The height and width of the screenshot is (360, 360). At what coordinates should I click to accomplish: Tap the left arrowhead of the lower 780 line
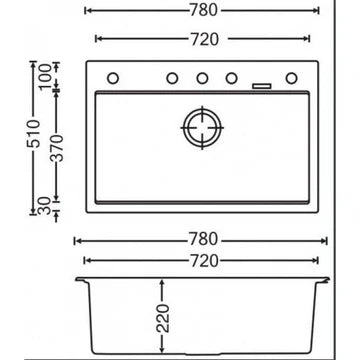tap(77, 241)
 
